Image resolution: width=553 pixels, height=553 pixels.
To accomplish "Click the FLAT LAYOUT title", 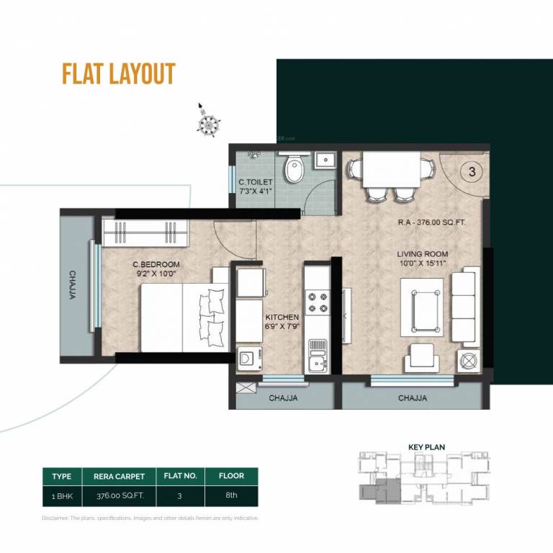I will point(119,74).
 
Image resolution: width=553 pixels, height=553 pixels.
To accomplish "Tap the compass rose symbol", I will point(207,123).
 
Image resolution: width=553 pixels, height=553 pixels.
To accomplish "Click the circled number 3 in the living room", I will point(472,172).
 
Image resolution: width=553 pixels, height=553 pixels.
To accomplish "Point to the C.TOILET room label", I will point(256,188).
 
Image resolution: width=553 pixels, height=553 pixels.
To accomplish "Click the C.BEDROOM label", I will point(156,264).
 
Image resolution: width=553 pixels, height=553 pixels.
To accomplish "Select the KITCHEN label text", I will point(282,318).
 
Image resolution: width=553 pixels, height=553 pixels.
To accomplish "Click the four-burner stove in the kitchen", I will point(317,301).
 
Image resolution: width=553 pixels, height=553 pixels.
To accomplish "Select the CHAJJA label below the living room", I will point(412,397).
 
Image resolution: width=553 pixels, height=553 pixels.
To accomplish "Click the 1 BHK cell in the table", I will point(62,495).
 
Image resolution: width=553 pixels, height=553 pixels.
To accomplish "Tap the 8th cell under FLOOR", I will point(231,495).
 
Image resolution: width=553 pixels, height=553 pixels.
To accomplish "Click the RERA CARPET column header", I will point(120,476).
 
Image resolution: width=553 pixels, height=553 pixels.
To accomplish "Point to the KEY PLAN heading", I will point(426,447).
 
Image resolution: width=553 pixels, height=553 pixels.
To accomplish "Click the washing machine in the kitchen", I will point(248,358).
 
